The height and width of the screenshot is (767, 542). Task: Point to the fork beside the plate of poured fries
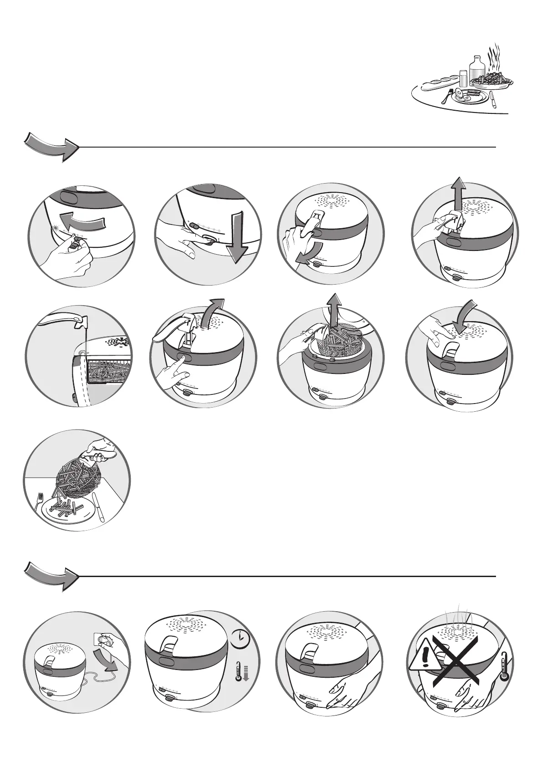click(38, 501)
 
